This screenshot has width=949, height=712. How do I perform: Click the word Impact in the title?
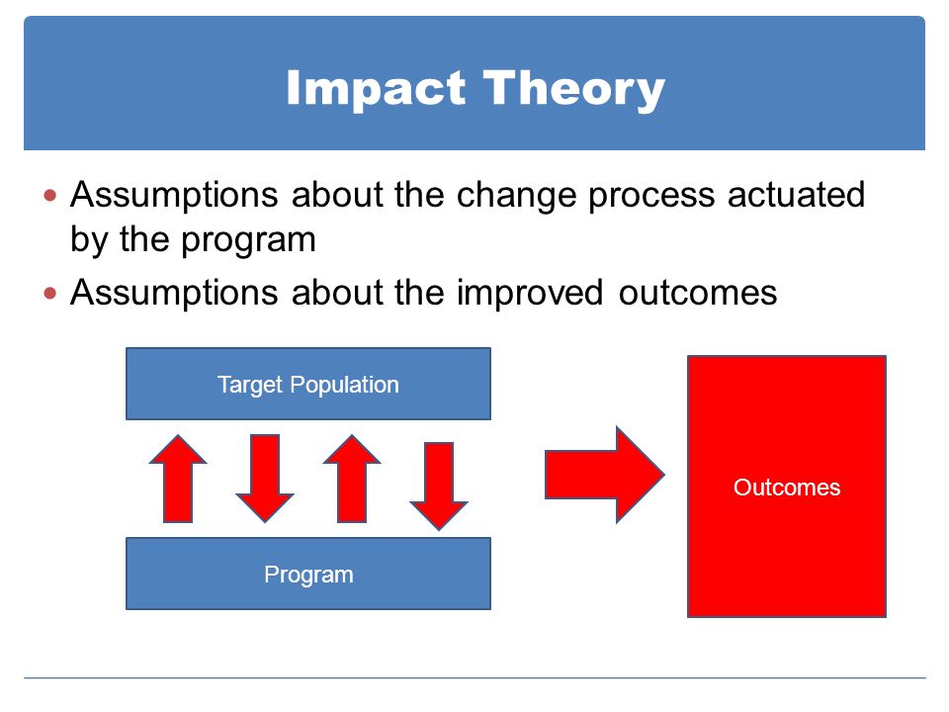click(x=376, y=89)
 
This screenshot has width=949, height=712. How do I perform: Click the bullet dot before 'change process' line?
click(x=50, y=196)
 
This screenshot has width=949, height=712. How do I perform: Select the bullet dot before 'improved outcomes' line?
click(x=50, y=294)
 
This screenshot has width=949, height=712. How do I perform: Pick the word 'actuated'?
click(x=796, y=195)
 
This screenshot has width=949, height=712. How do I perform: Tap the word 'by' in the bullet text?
click(x=88, y=239)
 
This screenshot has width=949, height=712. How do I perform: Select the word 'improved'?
click(x=530, y=293)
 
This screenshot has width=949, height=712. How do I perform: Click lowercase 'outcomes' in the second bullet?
click(x=698, y=294)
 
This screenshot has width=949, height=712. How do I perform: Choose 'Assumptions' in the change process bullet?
click(x=174, y=195)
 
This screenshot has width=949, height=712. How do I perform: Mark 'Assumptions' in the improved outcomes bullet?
click(x=174, y=293)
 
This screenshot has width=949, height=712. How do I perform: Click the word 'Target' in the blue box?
click(x=250, y=386)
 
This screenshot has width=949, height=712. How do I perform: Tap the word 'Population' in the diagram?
click(x=344, y=386)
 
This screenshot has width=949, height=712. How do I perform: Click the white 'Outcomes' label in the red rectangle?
click(x=787, y=488)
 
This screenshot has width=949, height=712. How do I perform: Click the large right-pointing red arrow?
click(x=605, y=475)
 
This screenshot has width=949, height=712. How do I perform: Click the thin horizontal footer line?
click(x=474, y=678)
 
